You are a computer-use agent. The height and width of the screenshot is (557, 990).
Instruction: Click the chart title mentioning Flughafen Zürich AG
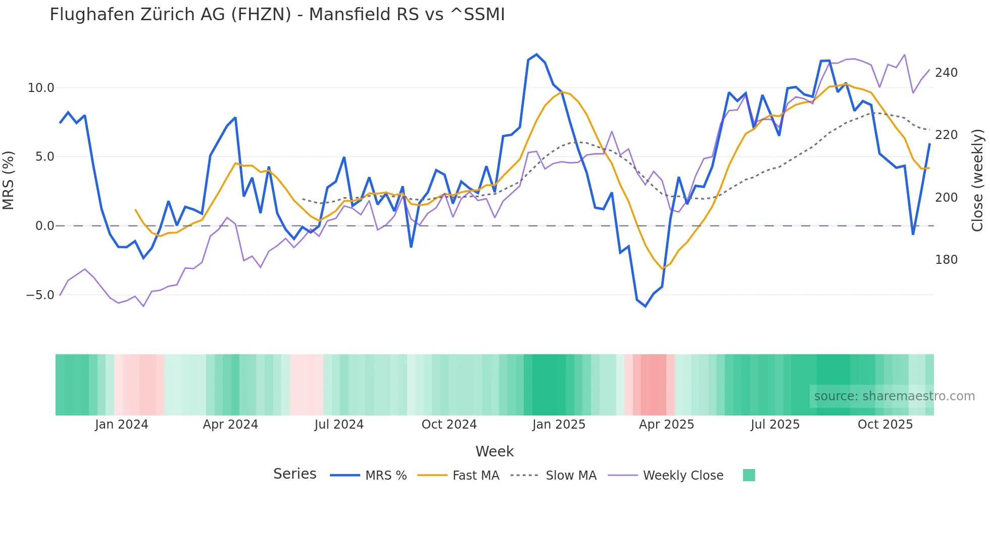(277, 15)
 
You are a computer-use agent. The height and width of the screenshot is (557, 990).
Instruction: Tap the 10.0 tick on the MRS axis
(41, 88)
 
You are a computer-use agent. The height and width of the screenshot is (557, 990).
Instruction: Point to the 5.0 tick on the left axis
(44, 157)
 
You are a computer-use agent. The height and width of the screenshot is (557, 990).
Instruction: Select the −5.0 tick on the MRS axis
(40, 295)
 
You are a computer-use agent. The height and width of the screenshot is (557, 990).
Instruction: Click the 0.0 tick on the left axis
(44, 226)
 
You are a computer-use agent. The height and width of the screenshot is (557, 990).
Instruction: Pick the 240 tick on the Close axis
(946, 73)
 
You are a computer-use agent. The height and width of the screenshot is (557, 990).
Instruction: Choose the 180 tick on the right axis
(946, 260)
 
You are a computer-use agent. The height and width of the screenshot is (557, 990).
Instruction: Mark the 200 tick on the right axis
(946, 198)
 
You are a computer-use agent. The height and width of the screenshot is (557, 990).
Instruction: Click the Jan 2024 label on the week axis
(121, 425)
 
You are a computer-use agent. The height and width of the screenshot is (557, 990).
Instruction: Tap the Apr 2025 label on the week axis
(666, 425)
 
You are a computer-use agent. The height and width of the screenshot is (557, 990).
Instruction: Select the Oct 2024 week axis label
(449, 425)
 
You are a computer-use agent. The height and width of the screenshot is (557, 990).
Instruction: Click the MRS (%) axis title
(9, 180)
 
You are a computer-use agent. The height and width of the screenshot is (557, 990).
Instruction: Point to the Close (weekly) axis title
(977, 180)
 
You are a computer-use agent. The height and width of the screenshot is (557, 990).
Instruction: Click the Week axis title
(494, 451)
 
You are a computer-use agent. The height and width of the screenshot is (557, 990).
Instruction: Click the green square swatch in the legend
(749, 475)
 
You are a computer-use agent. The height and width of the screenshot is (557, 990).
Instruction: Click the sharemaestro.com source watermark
(894, 396)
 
